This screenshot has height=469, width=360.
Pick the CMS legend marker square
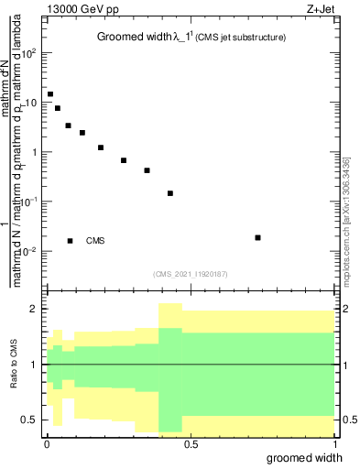70,241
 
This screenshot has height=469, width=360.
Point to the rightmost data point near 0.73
257,237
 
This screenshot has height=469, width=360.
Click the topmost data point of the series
50,94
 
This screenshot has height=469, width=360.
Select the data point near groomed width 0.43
170,193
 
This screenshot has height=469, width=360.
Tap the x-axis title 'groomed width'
309,456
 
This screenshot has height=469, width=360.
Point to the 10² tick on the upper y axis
31,53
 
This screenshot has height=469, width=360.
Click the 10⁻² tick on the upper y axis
30,251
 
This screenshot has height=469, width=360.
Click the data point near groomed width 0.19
101,147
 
